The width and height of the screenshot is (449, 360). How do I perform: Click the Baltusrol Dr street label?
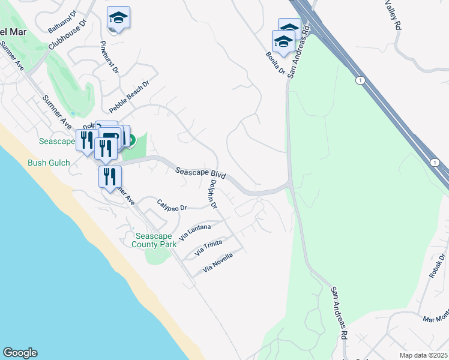click(64, 22)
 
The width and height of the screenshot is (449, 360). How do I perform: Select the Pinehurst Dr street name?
click(110, 58)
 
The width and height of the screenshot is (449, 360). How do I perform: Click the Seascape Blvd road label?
click(200, 174)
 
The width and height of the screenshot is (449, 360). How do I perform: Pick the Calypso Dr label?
click(172, 205)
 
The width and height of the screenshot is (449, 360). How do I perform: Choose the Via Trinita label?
click(208, 248)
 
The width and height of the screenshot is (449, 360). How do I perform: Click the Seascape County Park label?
click(154, 240)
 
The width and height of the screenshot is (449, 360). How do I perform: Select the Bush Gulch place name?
click(49, 163)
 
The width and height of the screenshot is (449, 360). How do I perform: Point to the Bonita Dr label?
click(275, 63)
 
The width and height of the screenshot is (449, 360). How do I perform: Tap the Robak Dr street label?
click(437, 268)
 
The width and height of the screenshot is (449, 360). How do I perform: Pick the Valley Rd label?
click(391, 15)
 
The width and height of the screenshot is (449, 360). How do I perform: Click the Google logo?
click(20, 353)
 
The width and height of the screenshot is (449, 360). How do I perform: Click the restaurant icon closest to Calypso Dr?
click(110, 177)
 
